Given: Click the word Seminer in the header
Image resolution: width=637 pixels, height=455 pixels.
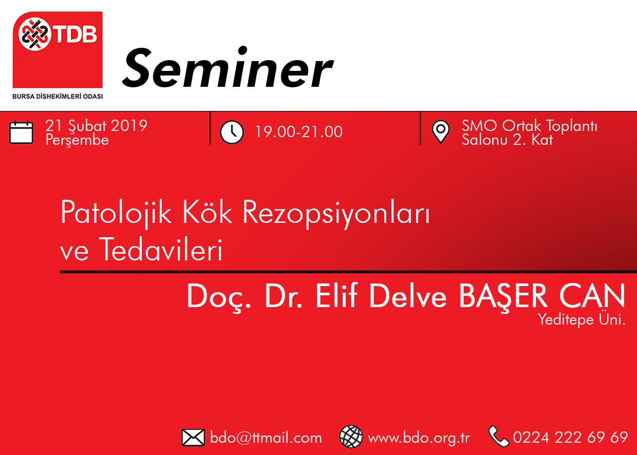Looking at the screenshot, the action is (228, 68).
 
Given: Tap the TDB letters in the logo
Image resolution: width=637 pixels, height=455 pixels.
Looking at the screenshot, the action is (76, 34).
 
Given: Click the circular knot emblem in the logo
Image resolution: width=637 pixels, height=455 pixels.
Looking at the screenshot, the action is (35, 34).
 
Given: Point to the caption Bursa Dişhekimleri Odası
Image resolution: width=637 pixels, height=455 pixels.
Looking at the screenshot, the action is (58, 97).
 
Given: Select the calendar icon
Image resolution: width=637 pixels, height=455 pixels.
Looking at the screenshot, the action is (21, 132).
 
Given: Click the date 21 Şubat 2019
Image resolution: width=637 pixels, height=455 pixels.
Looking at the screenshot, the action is (97, 126).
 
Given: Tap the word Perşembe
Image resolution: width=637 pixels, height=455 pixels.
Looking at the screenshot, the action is (77, 140).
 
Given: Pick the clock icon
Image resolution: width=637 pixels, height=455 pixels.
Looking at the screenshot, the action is (232, 132).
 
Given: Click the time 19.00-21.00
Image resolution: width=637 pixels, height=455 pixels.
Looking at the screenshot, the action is (299, 132).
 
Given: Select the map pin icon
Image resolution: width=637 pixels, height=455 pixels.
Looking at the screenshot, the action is (440, 131).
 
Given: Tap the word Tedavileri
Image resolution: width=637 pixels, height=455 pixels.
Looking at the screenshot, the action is (161, 249).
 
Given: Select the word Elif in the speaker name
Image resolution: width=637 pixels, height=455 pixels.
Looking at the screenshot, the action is (336, 296).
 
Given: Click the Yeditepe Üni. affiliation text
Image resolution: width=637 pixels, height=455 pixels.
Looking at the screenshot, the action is (582, 320).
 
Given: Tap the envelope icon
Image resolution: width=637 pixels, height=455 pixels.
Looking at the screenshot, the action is (193, 438).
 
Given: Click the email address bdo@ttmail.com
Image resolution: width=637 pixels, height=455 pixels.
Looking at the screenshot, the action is (266, 438).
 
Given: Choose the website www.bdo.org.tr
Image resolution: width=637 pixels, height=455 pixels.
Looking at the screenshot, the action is (419, 438).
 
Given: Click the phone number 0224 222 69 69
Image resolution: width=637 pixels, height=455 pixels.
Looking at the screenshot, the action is (570, 438).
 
